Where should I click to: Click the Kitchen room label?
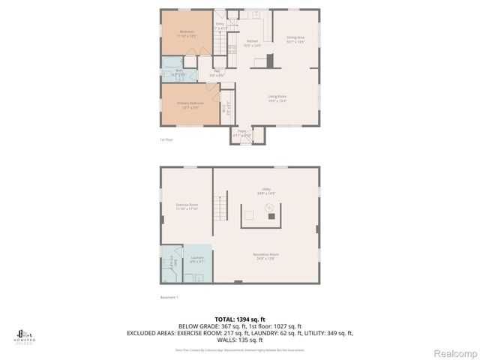253,43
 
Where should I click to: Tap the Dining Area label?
295,40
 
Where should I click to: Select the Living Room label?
277,97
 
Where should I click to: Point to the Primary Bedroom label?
190,105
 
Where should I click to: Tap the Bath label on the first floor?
179,72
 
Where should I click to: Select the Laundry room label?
197,259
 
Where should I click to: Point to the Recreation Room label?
265,256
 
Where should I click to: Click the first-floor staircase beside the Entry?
219,45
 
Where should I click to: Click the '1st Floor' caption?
167,139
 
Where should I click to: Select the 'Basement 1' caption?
169,297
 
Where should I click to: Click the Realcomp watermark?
451,351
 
